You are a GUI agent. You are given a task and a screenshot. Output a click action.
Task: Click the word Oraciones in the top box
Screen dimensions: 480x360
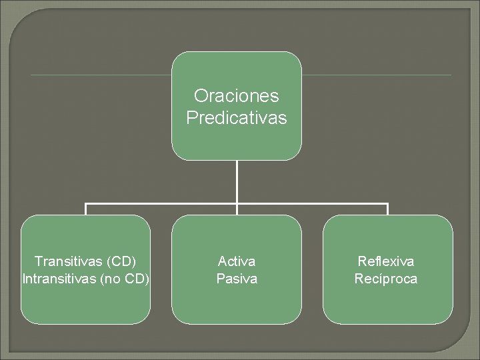tap(237, 96)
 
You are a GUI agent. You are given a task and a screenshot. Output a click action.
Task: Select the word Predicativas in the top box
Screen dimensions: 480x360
tap(237, 118)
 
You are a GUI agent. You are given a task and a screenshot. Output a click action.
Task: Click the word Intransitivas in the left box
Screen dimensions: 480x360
tap(59, 278)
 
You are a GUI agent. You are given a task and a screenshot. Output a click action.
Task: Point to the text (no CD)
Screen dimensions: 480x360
tap(124, 278)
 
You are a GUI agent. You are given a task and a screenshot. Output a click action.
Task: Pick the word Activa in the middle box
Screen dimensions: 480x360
tap(237, 261)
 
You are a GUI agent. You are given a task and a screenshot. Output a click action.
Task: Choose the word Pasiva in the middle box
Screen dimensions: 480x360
tap(237, 278)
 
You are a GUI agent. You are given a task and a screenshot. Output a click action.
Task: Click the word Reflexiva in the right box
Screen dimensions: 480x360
tap(386, 261)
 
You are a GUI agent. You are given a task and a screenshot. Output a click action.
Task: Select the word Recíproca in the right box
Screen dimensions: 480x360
tap(386, 278)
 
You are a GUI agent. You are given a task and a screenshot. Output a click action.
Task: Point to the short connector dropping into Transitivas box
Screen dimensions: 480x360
tap(86, 209)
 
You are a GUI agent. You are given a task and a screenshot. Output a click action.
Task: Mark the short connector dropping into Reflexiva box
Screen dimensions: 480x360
tap(387, 209)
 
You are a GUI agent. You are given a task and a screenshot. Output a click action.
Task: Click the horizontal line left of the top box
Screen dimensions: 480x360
tap(100, 75)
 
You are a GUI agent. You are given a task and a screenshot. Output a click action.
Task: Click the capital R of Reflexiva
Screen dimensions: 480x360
tap(362, 261)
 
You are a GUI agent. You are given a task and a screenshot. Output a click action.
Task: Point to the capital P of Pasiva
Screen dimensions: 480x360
tap(221, 278)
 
